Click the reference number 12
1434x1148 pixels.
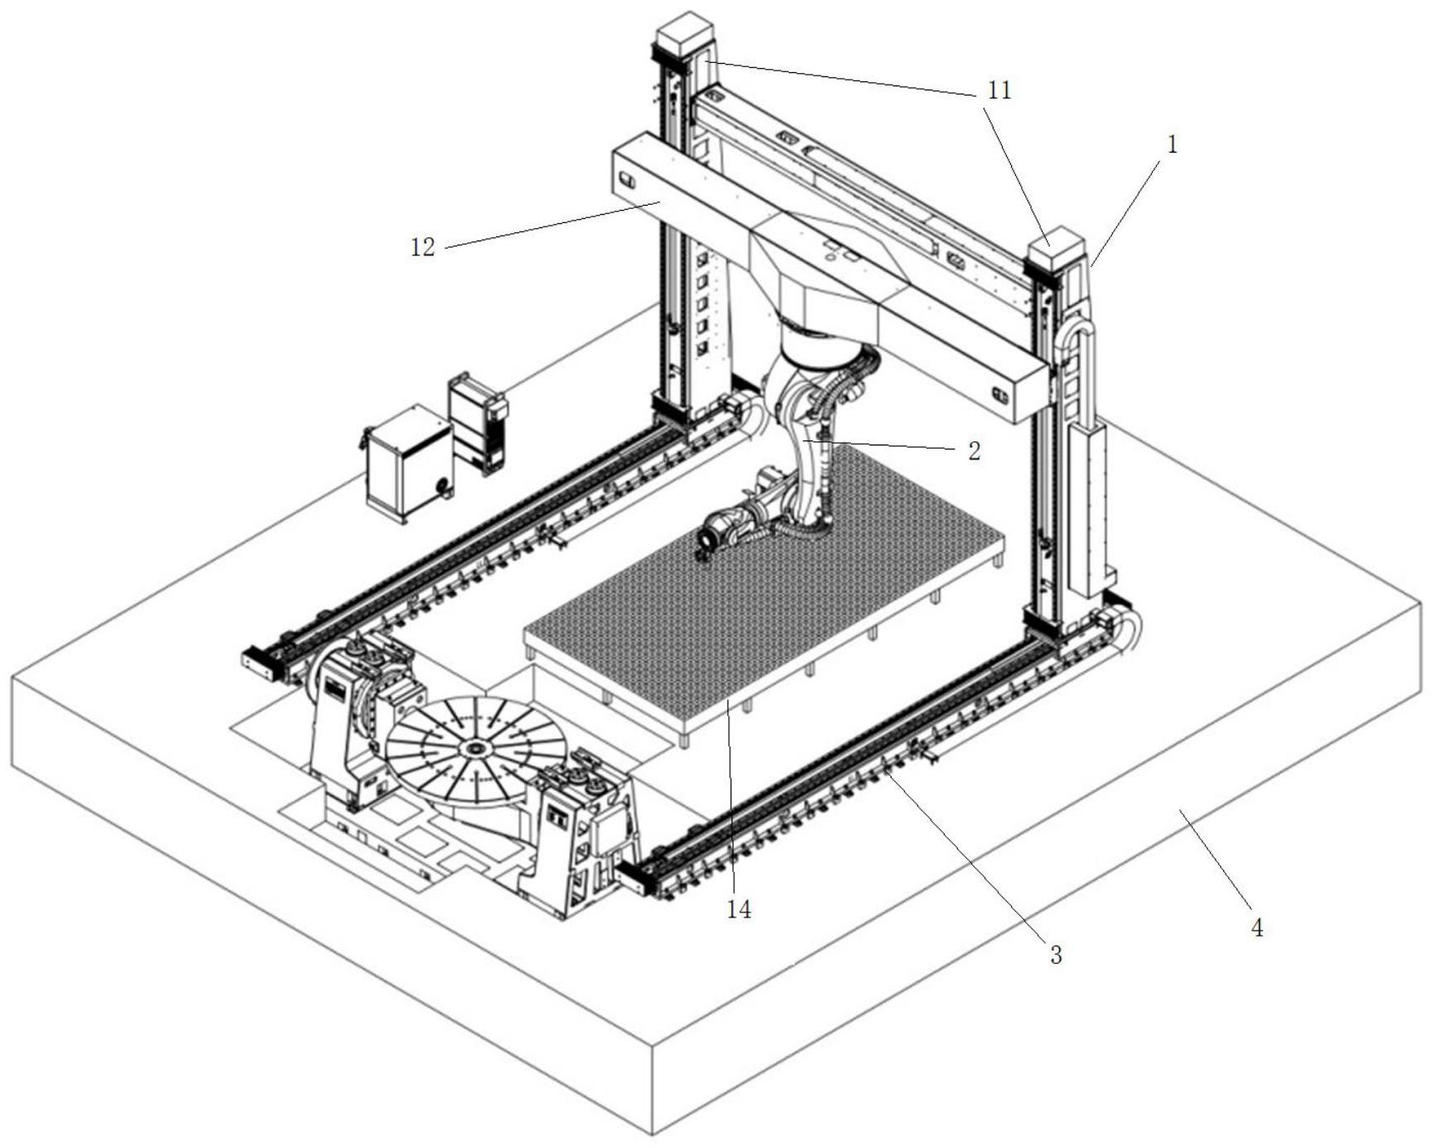click(423, 246)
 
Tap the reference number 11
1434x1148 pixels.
click(1000, 90)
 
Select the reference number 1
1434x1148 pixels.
click(1172, 145)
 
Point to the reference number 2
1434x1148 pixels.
click(974, 450)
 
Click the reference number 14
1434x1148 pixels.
click(738, 909)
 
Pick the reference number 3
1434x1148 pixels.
click(1056, 955)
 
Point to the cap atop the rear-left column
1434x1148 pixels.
click(685, 32)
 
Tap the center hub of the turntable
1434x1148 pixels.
click(475, 749)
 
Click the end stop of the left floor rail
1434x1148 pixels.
click(260, 664)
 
